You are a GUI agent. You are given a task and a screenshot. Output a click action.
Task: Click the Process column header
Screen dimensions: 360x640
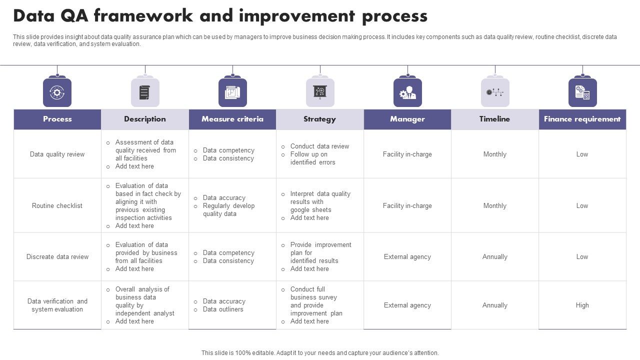tap(57, 119)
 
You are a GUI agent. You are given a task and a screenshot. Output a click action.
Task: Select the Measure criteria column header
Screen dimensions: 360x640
tap(232, 119)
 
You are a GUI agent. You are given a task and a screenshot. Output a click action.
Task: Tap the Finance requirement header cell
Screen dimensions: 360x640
tap(582, 119)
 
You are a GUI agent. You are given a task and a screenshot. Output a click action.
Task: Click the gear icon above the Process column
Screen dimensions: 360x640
tap(57, 92)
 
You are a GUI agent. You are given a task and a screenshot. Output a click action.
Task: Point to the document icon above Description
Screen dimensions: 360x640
tap(145, 92)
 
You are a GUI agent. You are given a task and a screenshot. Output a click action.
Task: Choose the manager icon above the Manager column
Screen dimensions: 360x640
tap(407, 92)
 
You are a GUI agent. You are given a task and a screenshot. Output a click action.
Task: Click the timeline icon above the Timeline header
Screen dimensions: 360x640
tap(495, 92)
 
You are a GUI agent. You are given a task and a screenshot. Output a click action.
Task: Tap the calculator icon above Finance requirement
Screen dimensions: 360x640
tap(582, 92)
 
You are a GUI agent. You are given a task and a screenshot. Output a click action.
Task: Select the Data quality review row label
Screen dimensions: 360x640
tap(57, 154)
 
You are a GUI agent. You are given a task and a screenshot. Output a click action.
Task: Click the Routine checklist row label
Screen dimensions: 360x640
tap(57, 205)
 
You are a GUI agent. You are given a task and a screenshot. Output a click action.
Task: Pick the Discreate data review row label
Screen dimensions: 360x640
tap(57, 256)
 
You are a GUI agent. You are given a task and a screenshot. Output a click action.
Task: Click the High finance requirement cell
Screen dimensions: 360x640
tap(582, 305)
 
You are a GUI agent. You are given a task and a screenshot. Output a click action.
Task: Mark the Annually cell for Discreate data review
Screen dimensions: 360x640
tap(495, 256)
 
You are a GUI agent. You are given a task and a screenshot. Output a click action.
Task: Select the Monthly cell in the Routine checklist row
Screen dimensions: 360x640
tap(495, 205)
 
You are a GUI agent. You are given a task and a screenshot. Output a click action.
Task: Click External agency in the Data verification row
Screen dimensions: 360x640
tap(407, 305)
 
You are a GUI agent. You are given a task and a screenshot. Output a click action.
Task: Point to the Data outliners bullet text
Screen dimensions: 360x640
tap(223, 309)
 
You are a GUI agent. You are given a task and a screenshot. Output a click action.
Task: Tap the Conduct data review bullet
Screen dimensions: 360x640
tap(319, 146)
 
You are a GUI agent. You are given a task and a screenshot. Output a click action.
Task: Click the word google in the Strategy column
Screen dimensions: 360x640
tap(300, 209)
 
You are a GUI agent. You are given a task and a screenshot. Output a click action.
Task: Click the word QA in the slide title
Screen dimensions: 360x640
tap(73, 16)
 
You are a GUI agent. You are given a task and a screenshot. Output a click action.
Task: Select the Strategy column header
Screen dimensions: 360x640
tap(319, 119)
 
